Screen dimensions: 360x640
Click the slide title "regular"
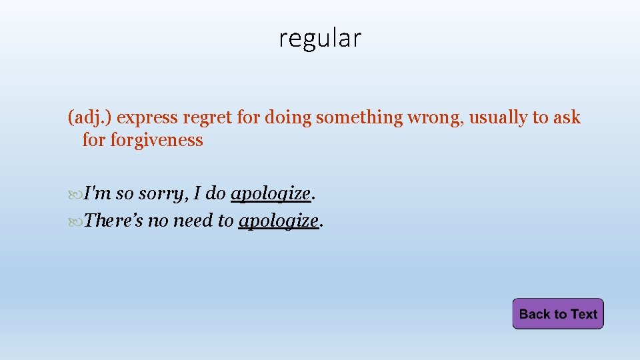pos(320,39)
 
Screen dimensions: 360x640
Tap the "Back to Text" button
pos(558,314)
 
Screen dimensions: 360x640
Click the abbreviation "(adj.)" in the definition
pos(90,118)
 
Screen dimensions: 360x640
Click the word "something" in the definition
pos(359,118)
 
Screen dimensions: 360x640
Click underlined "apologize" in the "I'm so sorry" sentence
pos(271,194)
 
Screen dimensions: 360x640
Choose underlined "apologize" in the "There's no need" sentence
pos(278,220)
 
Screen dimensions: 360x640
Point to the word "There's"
pos(113,220)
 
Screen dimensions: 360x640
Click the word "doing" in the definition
pos(289,118)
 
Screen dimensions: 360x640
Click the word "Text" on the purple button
pos(584,314)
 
